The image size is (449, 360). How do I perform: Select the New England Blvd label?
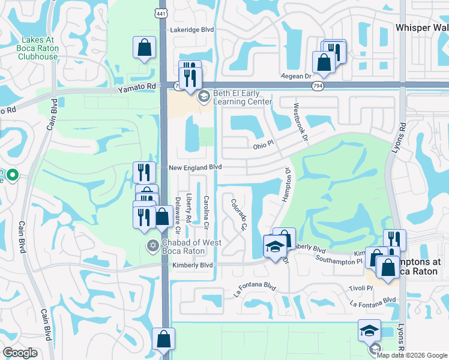tap(195, 167)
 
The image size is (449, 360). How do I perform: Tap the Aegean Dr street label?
tap(297, 76)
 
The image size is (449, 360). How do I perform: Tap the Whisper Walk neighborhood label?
tap(422, 28)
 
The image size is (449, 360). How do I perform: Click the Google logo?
tap(20, 353)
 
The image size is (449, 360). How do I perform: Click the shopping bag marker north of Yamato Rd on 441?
tap(144, 49)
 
